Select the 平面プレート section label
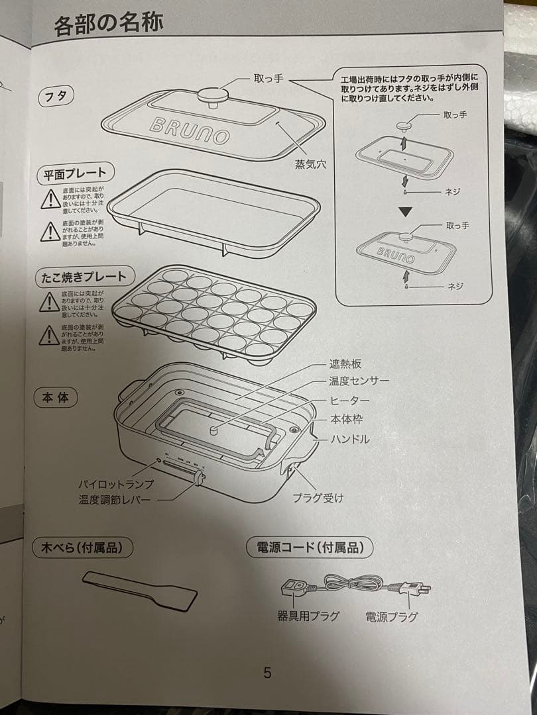point(74,174)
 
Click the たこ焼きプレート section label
point(84,276)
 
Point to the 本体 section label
point(56,398)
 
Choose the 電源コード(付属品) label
point(309,548)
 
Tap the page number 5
point(267,673)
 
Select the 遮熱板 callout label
point(345,365)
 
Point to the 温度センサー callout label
point(359,382)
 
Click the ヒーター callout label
point(349,401)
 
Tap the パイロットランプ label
point(115,483)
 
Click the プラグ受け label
point(318,498)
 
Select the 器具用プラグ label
point(308,616)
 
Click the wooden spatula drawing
point(140,591)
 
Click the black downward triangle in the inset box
point(406,212)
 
